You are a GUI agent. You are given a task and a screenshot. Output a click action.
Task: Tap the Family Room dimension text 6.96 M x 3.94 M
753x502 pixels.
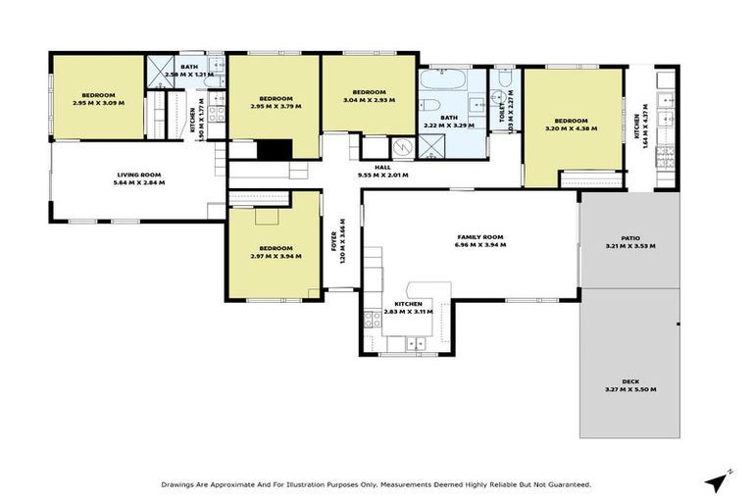tap(479, 245)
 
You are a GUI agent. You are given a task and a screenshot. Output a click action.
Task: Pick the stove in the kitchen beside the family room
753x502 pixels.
tap(372, 318)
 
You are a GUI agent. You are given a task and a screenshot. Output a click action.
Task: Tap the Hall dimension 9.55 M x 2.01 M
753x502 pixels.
tap(382, 176)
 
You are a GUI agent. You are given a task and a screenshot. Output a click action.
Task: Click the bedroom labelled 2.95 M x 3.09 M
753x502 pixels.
tap(98, 99)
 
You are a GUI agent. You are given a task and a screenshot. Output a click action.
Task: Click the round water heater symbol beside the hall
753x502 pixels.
tap(401, 147)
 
